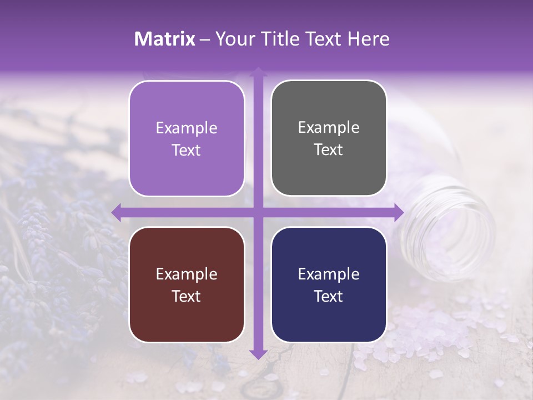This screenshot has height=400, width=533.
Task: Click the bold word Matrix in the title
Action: coord(165,39)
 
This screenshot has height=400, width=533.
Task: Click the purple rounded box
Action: coord(187,138)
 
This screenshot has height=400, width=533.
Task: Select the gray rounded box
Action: coord(329,138)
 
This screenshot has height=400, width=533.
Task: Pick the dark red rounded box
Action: coord(187,284)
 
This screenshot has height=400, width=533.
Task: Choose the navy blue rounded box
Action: coord(329,284)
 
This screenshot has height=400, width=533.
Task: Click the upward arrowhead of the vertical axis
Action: coord(258,72)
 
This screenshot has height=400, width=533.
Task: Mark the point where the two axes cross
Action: coord(258,212)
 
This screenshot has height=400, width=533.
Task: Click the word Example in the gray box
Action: coord(329,128)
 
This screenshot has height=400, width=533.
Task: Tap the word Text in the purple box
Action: coord(187,150)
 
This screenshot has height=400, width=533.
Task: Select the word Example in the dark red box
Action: coord(187,274)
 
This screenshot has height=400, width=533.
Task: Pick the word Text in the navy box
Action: coord(329,296)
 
